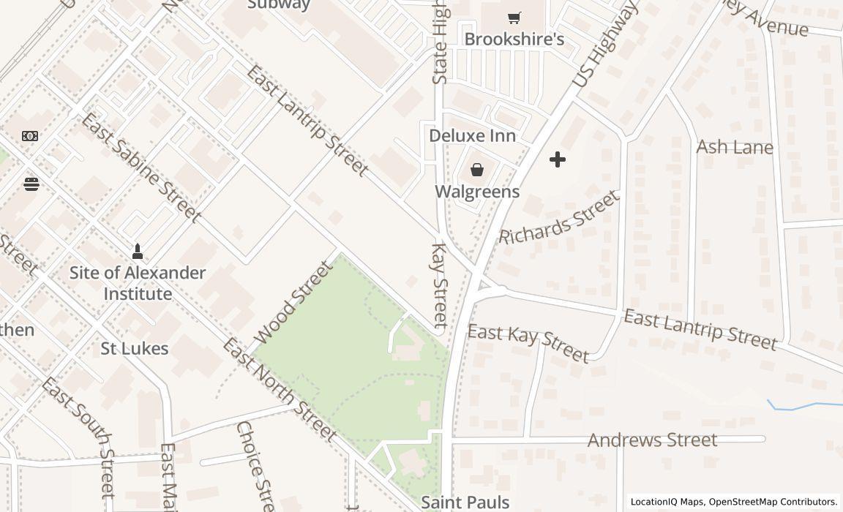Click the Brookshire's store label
514,39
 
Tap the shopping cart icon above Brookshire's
514,18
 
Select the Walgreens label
477,192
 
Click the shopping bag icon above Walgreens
477,170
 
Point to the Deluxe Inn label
472,136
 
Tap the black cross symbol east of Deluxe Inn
558,159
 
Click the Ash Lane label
734,147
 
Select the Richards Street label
560,217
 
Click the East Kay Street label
528,343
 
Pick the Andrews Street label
652,440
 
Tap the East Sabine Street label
140,167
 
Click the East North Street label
279,389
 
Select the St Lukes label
135,349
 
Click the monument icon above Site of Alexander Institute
137,252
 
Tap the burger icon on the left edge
31,184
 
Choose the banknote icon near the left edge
30,136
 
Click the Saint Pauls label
465,502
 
